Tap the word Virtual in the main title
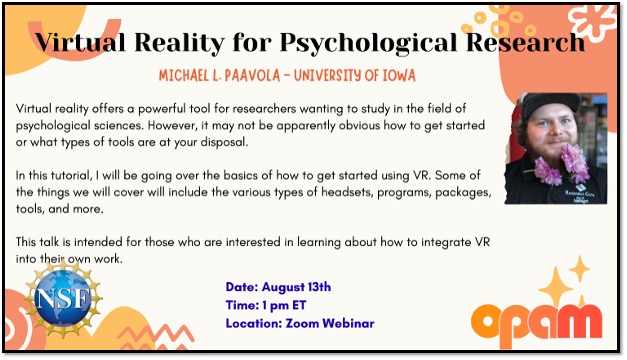[80, 41]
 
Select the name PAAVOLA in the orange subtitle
[252, 76]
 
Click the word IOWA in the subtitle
[399, 76]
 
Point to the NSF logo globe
[63, 298]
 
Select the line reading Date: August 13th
[278, 287]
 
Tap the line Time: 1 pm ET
[266, 305]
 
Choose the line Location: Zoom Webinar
[300, 323]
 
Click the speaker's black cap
[550, 104]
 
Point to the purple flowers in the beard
[562, 165]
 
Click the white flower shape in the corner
[594, 21]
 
